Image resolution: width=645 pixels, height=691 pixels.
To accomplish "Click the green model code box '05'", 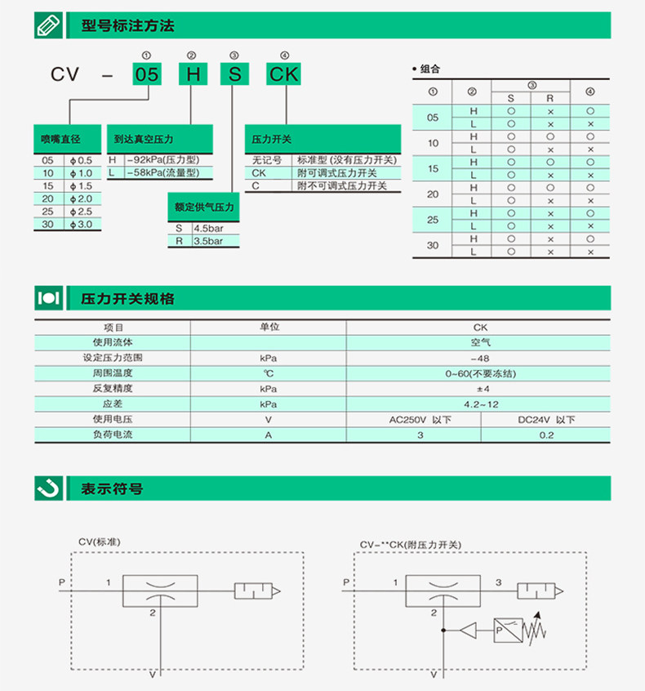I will click(x=147, y=75).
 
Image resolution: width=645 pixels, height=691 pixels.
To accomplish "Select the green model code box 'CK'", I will click(x=285, y=75).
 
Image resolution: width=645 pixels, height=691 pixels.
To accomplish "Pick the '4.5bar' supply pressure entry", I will click(x=208, y=229).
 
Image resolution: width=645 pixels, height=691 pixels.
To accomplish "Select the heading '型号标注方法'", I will click(x=128, y=26).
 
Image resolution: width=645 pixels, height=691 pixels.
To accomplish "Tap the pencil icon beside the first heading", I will click(x=48, y=26).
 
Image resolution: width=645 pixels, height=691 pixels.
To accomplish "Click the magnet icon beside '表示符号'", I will click(x=48, y=488).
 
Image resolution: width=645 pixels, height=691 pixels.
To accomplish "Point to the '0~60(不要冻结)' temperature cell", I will click(x=480, y=373).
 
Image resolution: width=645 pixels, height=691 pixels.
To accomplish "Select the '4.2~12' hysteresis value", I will click(x=480, y=404).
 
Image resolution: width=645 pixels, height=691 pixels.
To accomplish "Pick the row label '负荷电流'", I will click(x=112, y=435).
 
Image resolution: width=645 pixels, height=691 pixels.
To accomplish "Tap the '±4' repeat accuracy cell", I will click(x=480, y=389).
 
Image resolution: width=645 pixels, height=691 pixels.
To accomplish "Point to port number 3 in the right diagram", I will click(x=499, y=582).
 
